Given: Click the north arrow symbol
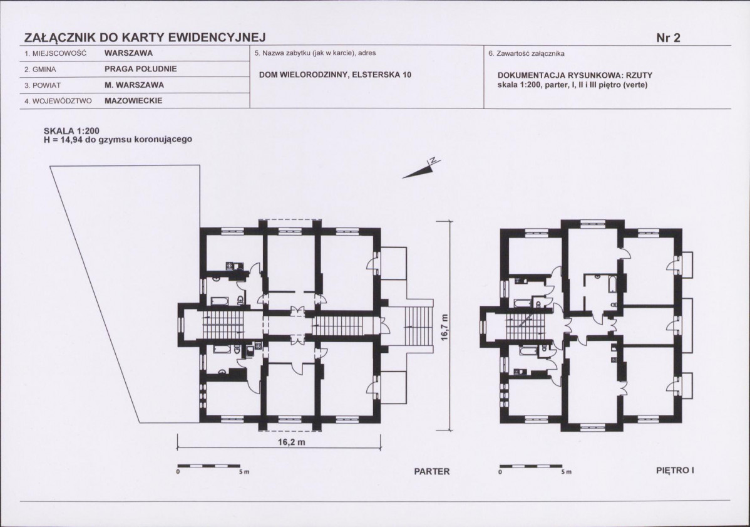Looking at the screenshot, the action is (x=421, y=169).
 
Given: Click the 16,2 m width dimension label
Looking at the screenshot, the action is (x=291, y=442).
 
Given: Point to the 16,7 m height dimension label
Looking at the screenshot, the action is (x=445, y=327).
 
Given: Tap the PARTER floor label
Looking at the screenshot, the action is (x=431, y=471).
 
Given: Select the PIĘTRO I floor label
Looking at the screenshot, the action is (x=675, y=470).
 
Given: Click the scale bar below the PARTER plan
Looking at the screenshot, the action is (x=202, y=466).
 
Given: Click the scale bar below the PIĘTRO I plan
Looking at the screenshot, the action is (x=525, y=466).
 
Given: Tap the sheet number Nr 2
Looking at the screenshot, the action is (x=668, y=38).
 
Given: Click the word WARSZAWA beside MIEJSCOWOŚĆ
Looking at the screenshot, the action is (x=129, y=53).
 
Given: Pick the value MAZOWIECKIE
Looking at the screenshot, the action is (x=133, y=101).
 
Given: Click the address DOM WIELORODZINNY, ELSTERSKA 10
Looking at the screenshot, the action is (x=335, y=75).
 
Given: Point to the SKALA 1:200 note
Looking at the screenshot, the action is (x=71, y=131).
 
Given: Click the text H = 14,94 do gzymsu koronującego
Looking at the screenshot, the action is (x=118, y=140).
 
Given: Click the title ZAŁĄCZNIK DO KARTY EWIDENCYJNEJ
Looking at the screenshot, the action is (x=145, y=38).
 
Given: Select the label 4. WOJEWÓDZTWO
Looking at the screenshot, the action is (x=58, y=102).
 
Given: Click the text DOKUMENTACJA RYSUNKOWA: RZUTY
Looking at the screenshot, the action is (x=575, y=76).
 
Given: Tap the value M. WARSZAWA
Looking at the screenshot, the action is (x=134, y=85).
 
